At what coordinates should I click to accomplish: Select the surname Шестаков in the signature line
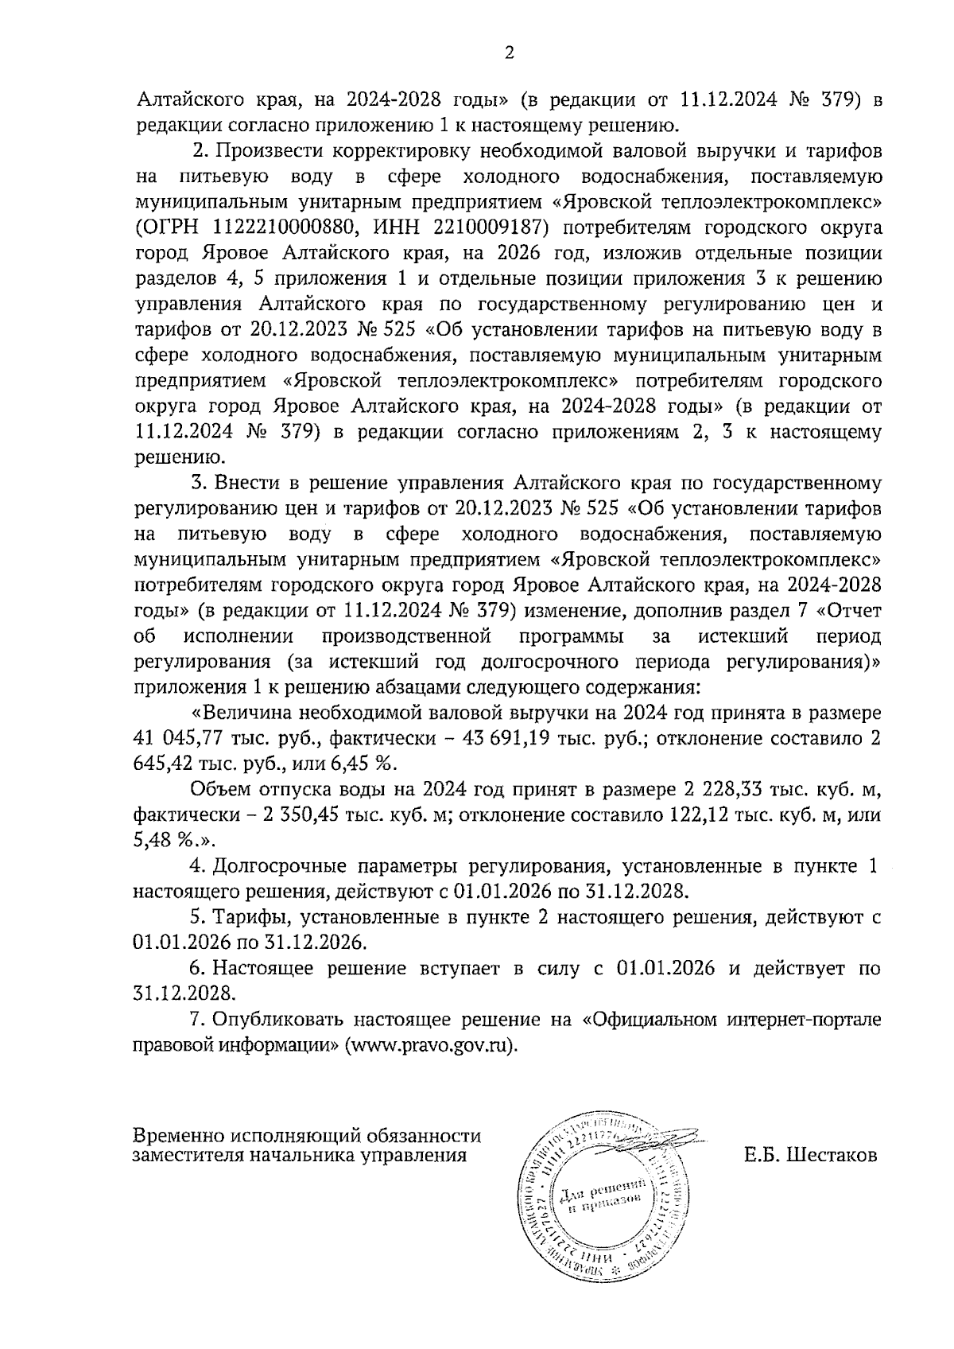point(831,1155)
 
